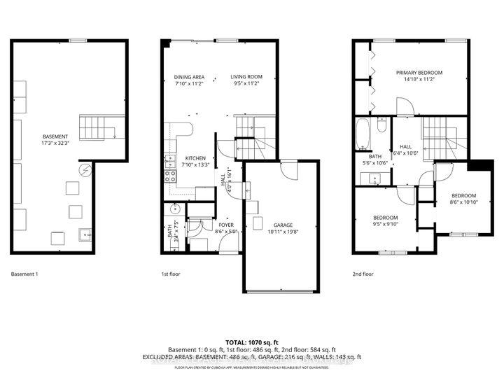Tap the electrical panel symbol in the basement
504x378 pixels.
(86, 170)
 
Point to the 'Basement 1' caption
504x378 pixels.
(24, 274)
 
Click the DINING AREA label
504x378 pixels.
(188, 77)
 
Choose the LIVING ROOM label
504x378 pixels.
(247, 77)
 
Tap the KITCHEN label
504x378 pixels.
(195, 157)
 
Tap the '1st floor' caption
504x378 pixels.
(171, 274)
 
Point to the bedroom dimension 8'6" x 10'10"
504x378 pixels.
(463, 202)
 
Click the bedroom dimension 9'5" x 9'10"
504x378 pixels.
(386, 224)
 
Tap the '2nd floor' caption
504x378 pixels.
(363, 274)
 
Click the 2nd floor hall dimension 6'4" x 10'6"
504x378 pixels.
(406, 153)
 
